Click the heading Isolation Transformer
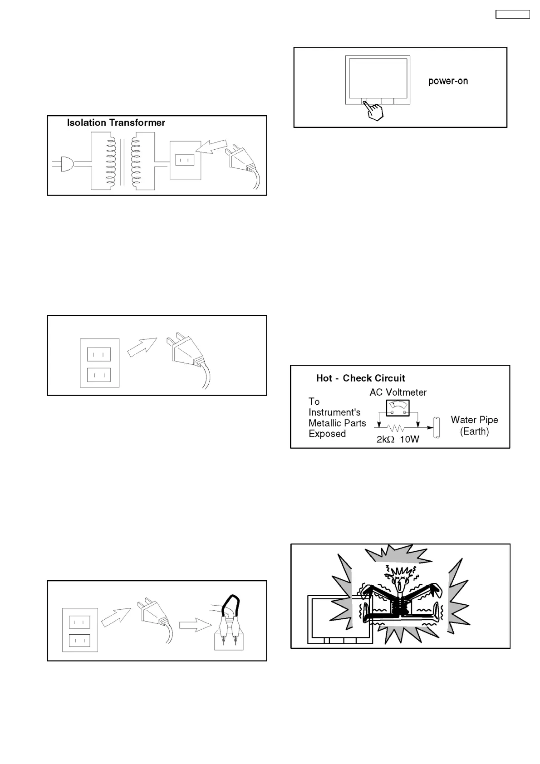click(116, 122)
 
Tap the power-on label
click(448, 81)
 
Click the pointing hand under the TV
click(374, 111)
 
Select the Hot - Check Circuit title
click(360, 378)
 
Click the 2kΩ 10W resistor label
click(398, 439)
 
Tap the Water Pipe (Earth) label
click(474, 426)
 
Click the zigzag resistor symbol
click(397, 428)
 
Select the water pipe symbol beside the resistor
click(437, 427)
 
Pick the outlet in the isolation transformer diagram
click(185, 160)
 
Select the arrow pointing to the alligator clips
click(195, 625)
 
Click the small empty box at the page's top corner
click(512, 14)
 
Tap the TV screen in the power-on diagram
click(378, 77)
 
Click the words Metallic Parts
click(337, 423)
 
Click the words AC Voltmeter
click(398, 392)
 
